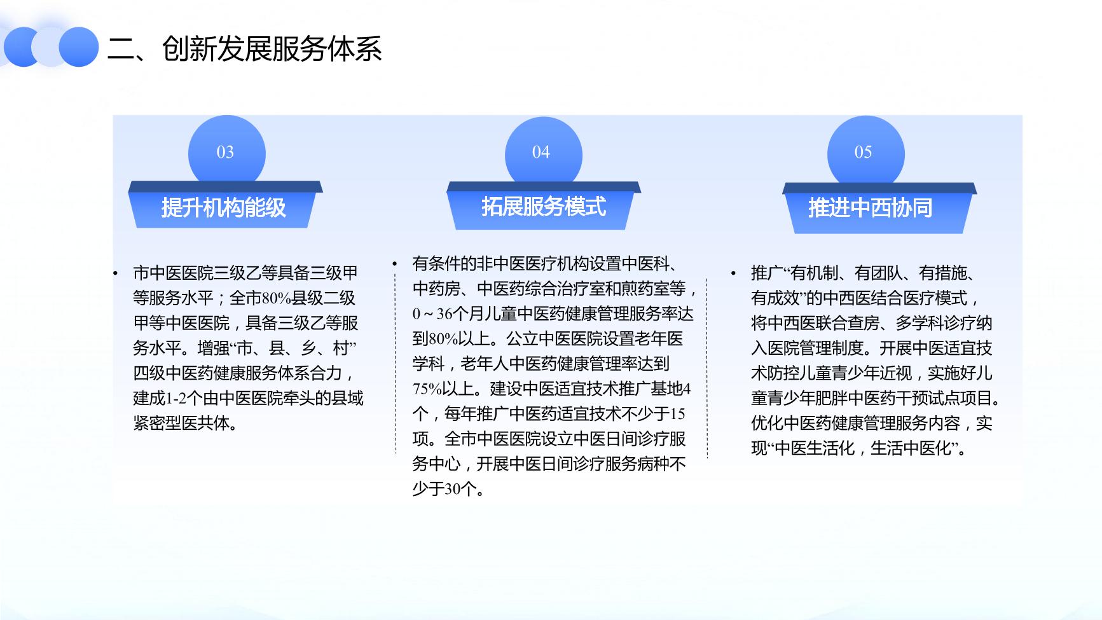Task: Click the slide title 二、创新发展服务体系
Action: pyautogui.click(x=244, y=48)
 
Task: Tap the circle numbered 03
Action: pyautogui.click(x=226, y=153)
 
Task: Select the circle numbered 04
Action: pyautogui.click(x=543, y=153)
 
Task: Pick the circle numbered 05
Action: pyautogui.click(x=865, y=153)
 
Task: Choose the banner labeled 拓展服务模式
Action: pyautogui.click(x=543, y=205)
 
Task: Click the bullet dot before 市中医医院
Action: pyautogui.click(x=115, y=274)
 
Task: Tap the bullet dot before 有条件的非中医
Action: pyautogui.click(x=394, y=263)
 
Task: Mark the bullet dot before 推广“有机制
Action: pyautogui.click(x=733, y=274)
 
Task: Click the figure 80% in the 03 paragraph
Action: pyautogui.click(x=276, y=298)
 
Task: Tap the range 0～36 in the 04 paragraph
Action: pyautogui.click(x=432, y=313)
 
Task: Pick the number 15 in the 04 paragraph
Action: pyautogui.click(x=678, y=414)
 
